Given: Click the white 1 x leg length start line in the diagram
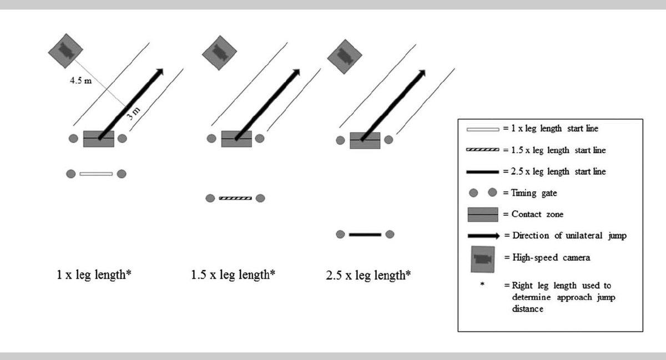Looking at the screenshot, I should click(x=96, y=174).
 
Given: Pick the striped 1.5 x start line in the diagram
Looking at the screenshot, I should click(x=235, y=198).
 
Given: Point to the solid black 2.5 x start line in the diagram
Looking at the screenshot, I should click(x=365, y=235).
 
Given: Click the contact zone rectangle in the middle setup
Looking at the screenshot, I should click(x=236, y=139).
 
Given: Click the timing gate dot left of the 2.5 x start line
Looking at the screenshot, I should click(x=340, y=235).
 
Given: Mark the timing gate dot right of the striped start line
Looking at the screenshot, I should click(x=260, y=198).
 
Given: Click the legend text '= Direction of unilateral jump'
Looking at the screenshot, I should click(x=564, y=236).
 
